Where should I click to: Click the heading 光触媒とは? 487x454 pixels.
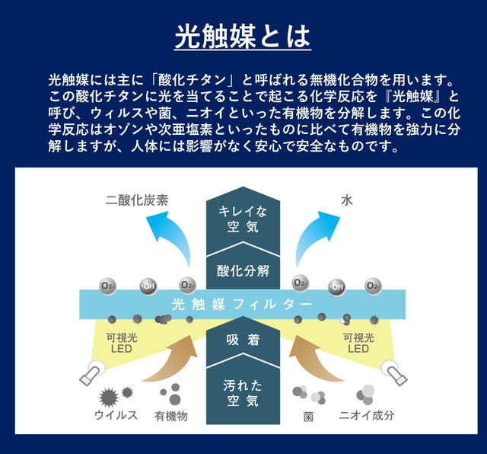(x=243, y=37)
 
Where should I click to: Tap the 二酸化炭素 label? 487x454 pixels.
(x=137, y=201)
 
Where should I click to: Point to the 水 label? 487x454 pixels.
(x=347, y=201)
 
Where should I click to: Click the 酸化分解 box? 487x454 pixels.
(x=243, y=269)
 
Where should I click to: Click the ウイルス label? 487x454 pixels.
(x=116, y=416)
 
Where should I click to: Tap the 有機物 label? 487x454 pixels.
(x=170, y=416)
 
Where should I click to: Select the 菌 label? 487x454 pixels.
(x=308, y=416)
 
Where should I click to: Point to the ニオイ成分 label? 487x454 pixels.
(x=366, y=416)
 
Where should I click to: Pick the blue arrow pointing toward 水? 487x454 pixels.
(x=314, y=242)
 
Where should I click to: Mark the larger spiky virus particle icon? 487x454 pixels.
(x=108, y=397)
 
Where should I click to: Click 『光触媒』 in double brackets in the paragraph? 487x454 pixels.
(x=422, y=96)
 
